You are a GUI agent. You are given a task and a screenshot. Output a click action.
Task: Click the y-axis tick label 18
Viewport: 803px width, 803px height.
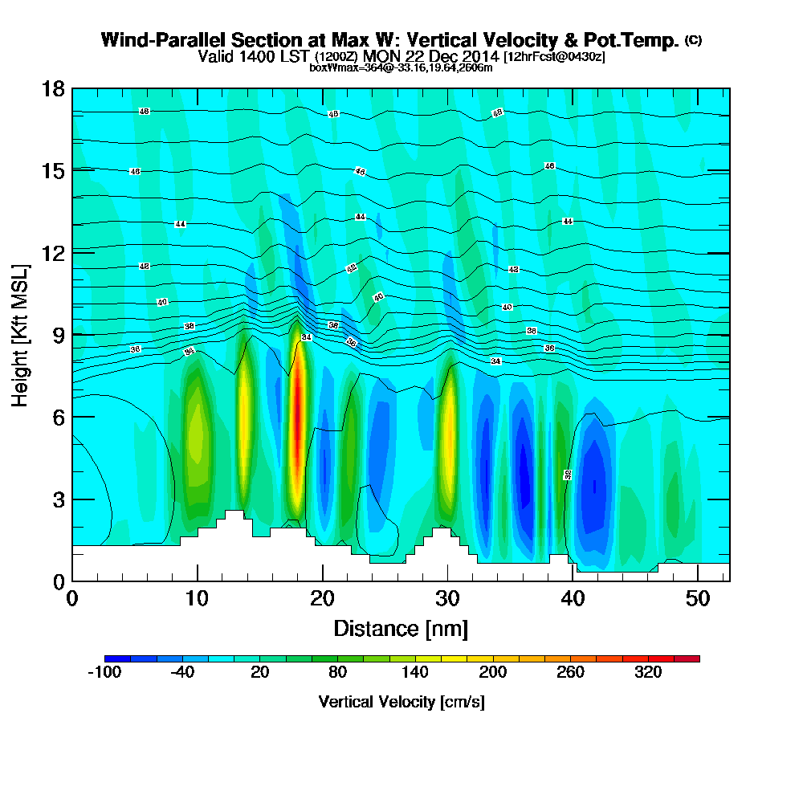[53, 88]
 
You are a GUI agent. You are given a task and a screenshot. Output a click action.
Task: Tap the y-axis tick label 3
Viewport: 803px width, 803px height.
[58, 499]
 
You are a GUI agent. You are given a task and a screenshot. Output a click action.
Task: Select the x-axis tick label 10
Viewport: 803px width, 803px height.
[197, 598]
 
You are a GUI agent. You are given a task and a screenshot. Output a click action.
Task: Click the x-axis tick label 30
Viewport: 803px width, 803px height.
[447, 598]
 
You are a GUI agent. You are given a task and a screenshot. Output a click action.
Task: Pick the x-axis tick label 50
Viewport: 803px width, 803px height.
[698, 598]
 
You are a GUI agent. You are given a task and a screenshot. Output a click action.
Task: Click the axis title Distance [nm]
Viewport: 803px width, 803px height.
[401, 627]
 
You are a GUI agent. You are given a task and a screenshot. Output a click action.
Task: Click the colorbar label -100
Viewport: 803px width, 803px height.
[104, 673]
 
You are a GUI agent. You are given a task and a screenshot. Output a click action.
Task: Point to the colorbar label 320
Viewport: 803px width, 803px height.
[648, 673]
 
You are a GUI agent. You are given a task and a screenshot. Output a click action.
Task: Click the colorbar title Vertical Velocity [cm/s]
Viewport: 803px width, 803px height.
[401, 702]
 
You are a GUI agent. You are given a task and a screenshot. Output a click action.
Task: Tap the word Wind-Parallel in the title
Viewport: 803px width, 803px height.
[157, 40]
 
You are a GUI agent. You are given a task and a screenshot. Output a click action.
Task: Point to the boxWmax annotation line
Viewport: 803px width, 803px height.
[401, 67]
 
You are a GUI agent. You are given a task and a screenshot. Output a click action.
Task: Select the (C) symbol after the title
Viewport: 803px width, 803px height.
[693, 39]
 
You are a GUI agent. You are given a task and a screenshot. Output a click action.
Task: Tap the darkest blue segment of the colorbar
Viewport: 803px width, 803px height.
[111, 658]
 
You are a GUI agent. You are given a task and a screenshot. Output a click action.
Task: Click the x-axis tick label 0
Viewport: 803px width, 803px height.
[72, 598]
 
